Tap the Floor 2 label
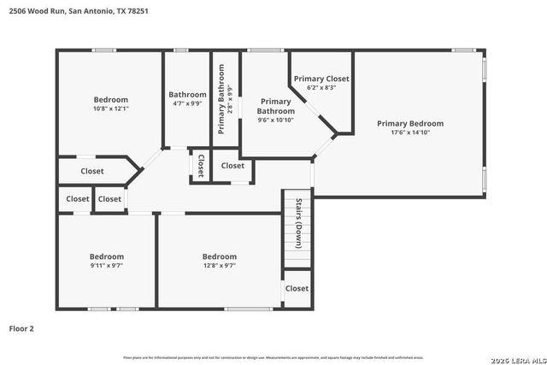21,327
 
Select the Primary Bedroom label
410,123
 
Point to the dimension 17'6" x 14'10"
410,132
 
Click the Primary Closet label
321,79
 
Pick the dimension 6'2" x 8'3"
321,87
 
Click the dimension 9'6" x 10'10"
276,120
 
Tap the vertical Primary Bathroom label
221,106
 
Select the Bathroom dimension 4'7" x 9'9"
187,103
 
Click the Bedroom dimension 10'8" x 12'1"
110,109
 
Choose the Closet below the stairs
297,289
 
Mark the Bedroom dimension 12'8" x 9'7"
219,265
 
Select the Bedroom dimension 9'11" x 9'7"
107,265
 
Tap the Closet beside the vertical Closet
232,166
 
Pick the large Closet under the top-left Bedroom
92,171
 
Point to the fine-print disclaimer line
273,357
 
